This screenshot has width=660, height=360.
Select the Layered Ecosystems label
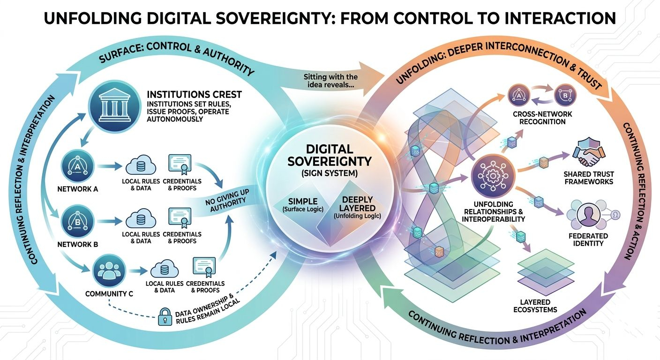(538, 306)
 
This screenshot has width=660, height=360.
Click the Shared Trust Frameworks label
(588, 178)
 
